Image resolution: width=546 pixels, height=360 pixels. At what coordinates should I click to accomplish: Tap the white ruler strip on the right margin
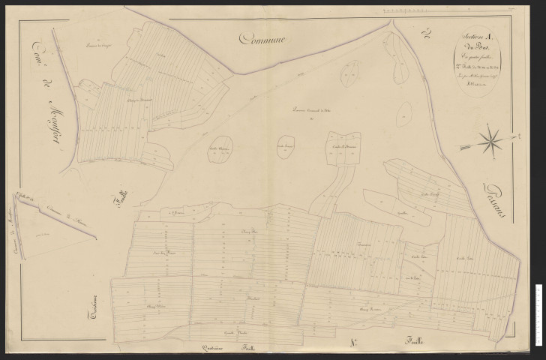(538, 308)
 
